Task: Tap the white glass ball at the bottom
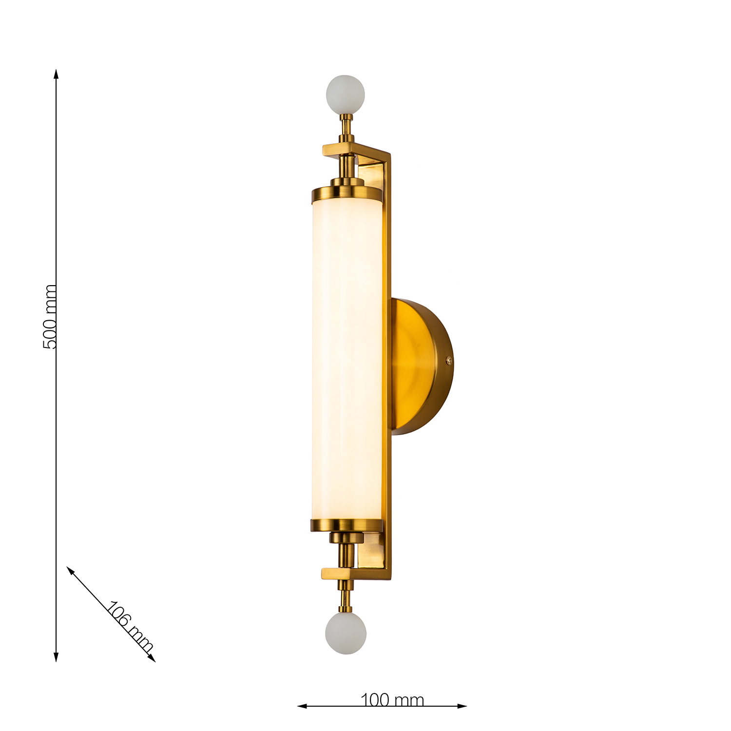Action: [346, 633]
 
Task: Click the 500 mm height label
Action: [50, 317]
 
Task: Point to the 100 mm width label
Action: [392, 700]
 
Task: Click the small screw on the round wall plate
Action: [449, 361]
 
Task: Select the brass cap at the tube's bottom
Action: [347, 525]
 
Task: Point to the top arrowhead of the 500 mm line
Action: [56, 73]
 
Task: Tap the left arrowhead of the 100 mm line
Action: [301, 706]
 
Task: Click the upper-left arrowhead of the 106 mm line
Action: [70, 569]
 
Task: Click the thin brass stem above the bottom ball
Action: [346, 596]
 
